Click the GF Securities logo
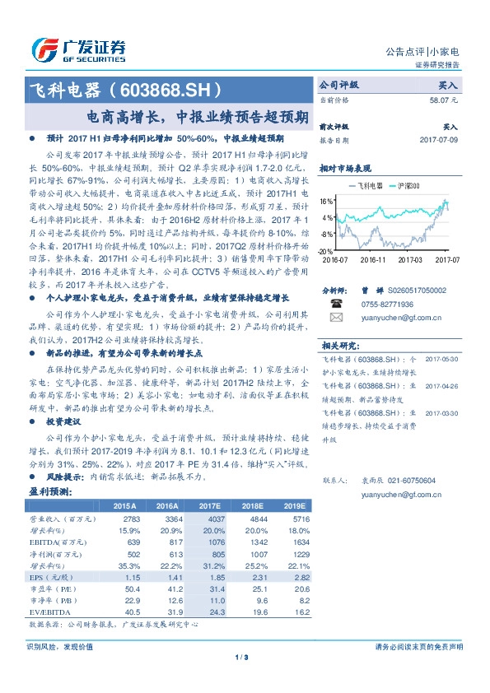point(78,48)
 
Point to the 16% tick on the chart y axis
point(326,201)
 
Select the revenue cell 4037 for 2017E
point(213,520)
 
